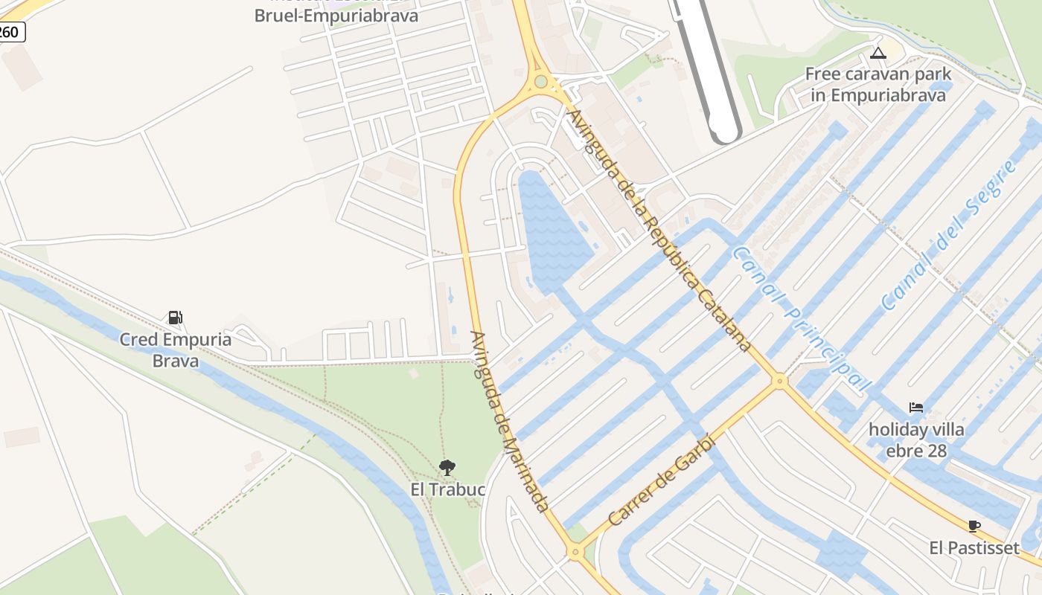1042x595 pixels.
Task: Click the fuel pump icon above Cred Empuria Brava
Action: tap(175, 318)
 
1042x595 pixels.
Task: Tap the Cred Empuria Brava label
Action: tap(176, 350)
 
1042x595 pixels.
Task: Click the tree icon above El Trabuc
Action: tap(447, 468)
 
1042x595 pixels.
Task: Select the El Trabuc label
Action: tap(448, 489)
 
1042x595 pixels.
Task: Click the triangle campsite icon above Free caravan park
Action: tap(878, 53)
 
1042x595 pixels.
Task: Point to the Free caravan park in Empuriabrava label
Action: tap(878, 85)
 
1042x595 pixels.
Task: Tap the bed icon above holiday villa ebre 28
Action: tap(916, 408)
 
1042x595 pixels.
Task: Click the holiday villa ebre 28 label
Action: tap(916, 440)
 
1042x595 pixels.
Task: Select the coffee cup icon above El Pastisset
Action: tap(974, 527)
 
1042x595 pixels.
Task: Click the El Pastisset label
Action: tap(974, 548)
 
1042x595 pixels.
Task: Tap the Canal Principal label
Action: tap(800, 318)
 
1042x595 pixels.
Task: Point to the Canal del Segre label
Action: tap(948, 235)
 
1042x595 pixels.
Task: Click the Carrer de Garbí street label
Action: tap(661, 480)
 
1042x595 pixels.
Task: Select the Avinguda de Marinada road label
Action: tap(510, 420)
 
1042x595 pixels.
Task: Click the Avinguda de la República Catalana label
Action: tap(659, 231)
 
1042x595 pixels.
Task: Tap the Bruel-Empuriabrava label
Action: tap(336, 15)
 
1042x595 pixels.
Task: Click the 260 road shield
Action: tap(10, 32)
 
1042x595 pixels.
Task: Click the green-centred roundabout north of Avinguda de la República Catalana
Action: tap(541, 82)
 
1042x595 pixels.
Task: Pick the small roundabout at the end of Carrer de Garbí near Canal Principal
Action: tap(779, 381)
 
